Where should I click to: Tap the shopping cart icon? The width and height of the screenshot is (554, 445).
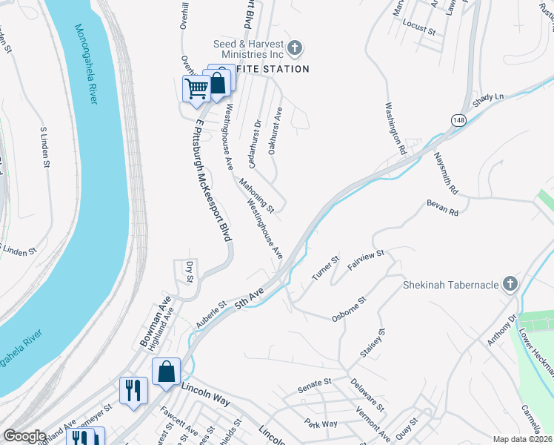(196, 89)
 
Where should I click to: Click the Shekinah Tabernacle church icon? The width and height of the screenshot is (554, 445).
(509, 285)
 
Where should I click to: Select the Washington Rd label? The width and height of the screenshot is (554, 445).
(397, 127)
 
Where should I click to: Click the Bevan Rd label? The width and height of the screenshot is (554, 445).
(443, 208)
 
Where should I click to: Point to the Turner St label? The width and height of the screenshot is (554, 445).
(325, 268)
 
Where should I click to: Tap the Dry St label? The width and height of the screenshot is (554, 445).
(190, 273)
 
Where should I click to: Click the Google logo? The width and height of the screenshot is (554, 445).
(24, 436)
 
